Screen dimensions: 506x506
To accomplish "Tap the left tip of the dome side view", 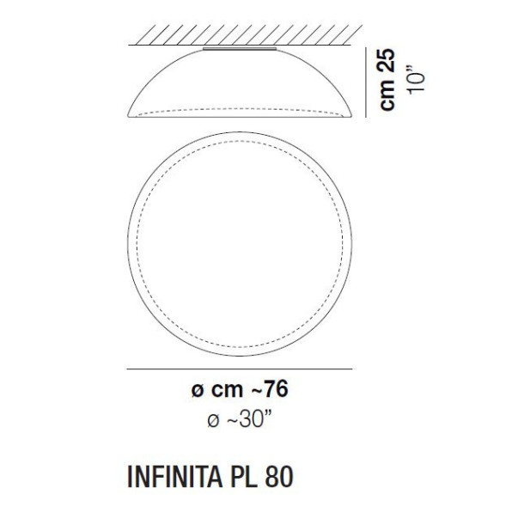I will [x=127, y=119].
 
